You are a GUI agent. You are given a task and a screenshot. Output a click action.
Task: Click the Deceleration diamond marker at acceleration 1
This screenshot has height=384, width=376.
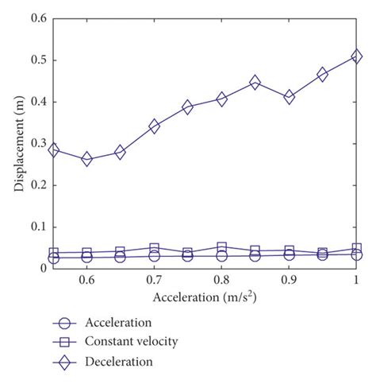pyautogui.click(x=356, y=56)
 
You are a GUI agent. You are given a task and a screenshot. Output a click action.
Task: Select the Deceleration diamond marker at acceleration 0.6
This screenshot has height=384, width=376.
pyautogui.click(x=87, y=159)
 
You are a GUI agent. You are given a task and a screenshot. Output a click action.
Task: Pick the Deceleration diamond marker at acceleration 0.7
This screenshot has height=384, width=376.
pyautogui.click(x=155, y=126)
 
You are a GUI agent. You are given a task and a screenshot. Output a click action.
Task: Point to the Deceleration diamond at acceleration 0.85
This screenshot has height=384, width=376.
pyautogui.click(x=255, y=82)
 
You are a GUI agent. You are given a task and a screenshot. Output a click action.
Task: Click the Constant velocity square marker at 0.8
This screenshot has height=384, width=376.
pyautogui.click(x=222, y=248)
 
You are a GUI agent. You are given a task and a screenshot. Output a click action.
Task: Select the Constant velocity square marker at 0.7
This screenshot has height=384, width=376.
pyautogui.click(x=155, y=249)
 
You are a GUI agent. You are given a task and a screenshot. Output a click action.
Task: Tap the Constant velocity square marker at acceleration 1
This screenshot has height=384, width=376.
pyautogui.click(x=356, y=249)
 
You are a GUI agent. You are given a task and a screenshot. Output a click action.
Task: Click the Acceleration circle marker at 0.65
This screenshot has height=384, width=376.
pyautogui.click(x=121, y=257)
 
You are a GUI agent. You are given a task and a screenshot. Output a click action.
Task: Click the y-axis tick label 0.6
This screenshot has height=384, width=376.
pyautogui.click(x=36, y=18)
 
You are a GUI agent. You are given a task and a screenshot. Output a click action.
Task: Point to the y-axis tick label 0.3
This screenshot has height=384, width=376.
pyautogui.click(x=36, y=144)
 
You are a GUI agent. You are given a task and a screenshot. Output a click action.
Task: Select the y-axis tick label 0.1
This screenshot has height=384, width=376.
pyautogui.click(x=36, y=227)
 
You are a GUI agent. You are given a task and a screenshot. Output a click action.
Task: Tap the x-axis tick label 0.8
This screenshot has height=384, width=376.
pyautogui.click(x=222, y=281)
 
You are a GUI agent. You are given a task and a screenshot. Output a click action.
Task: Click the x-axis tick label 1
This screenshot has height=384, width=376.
pyautogui.click(x=356, y=281)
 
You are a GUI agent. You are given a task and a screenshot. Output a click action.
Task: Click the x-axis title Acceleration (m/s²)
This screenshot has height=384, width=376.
pyautogui.click(x=205, y=297)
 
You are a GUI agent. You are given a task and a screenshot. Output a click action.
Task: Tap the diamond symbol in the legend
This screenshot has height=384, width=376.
pyautogui.click(x=69, y=361)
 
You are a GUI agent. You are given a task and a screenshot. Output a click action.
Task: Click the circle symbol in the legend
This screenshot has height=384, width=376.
pyautogui.click(x=69, y=323)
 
